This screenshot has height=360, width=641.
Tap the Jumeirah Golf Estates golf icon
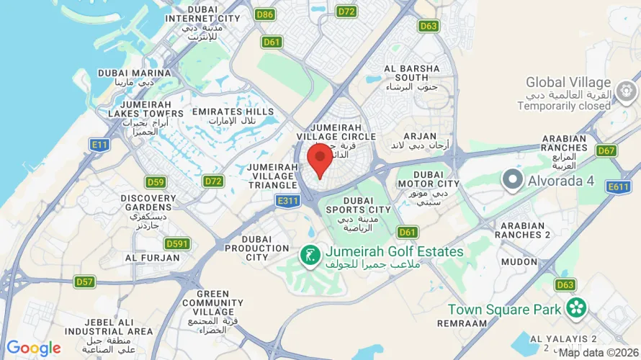point(310,255)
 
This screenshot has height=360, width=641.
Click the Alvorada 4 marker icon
point(513,180)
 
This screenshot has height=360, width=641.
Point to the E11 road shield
point(99,145)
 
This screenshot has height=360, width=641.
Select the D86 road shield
point(264,14)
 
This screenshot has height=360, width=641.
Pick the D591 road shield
point(176,244)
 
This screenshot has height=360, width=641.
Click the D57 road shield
point(85,282)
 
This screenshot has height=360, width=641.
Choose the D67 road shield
point(606,150)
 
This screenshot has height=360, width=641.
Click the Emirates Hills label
point(233,112)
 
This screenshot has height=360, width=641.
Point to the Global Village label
point(568,83)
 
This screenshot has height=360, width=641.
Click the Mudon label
point(519,262)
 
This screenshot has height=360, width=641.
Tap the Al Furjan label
point(152,257)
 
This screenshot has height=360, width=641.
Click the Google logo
point(33,349)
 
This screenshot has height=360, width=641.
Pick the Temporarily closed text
point(564,106)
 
